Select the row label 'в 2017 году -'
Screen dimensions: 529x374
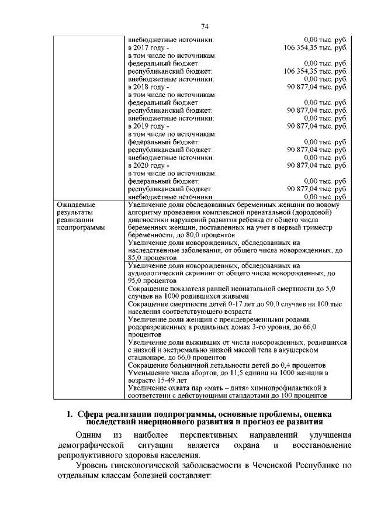click(x=148, y=47)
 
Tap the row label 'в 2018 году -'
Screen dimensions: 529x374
click(x=148, y=87)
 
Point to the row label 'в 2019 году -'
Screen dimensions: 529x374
click(x=148, y=126)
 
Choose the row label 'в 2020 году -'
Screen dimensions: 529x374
click(x=148, y=165)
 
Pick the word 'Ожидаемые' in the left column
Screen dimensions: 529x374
click(x=76, y=205)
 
